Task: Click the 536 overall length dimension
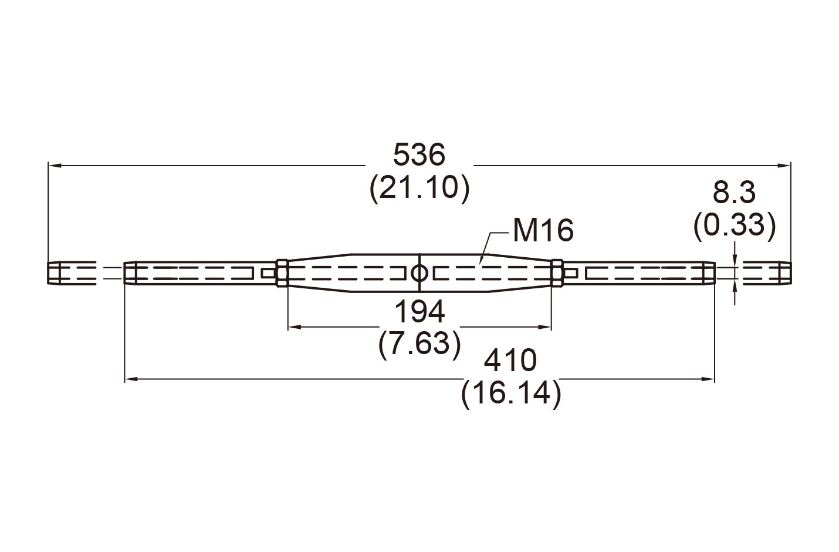click(419, 155)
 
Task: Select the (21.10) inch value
click(419, 189)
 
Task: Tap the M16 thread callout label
click(543, 230)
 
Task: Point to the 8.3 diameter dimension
click(734, 193)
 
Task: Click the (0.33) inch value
click(734, 225)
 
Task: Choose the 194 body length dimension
click(419, 312)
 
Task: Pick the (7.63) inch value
click(419, 344)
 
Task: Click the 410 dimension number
click(510, 360)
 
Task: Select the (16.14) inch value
click(510, 393)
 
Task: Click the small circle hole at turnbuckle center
click(419, 273)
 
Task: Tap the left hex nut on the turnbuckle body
click(282, 273)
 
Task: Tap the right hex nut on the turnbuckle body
click(557, 273)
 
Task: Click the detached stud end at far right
click(766, 273)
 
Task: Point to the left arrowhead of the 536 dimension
click(54, 166)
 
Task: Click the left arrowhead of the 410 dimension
click(130, 380)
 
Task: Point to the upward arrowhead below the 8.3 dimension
click(734, 284)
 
